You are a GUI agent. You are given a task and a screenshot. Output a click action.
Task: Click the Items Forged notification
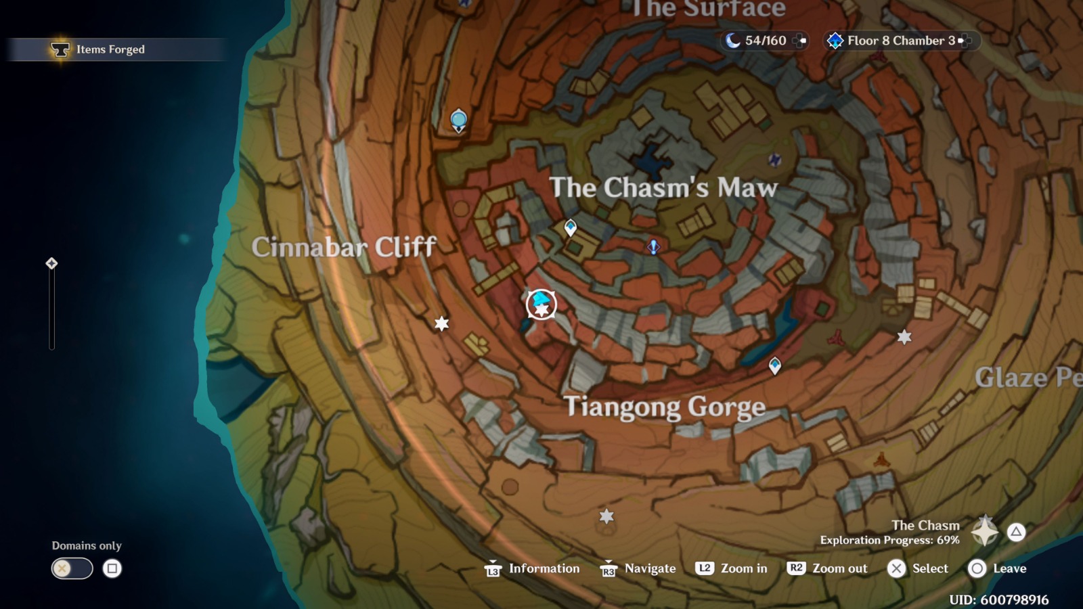110,49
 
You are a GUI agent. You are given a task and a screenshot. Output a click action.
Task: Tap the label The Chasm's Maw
663,187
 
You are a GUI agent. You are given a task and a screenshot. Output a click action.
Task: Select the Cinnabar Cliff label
344,247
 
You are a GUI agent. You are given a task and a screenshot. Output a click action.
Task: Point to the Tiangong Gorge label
665,407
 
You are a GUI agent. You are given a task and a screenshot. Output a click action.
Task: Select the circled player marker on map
541,304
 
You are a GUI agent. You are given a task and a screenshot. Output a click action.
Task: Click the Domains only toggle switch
72,568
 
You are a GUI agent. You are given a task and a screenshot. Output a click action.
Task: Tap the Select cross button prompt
918,568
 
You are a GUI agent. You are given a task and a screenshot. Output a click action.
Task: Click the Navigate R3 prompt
638,568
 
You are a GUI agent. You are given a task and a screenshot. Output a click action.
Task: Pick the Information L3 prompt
532,568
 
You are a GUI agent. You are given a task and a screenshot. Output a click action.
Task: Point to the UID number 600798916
998,600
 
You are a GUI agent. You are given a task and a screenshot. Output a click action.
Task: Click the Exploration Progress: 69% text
889,540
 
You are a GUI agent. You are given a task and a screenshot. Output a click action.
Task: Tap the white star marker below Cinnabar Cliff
442,323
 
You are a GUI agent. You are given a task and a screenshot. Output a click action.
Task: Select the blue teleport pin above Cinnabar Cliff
459,121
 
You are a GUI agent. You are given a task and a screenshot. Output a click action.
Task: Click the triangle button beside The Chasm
1016,532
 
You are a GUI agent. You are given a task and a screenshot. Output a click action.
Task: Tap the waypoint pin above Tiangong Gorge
775,366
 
